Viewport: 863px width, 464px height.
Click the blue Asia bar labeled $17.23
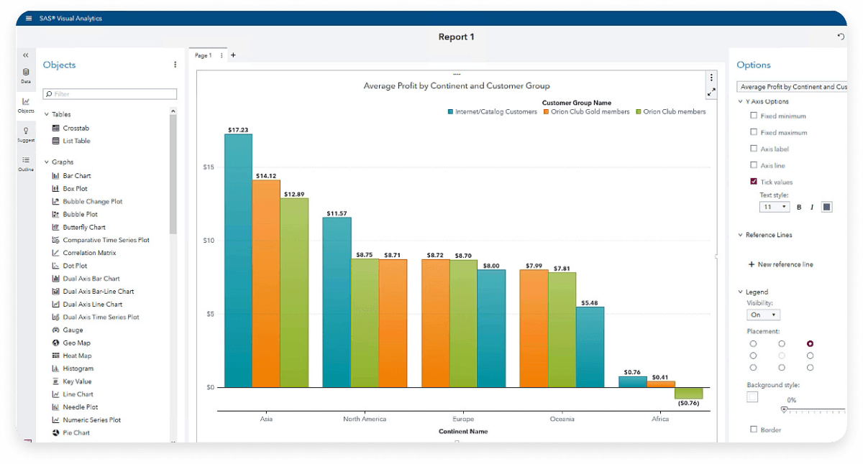click(238, 259)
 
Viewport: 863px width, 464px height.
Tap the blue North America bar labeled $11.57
click(337, 302)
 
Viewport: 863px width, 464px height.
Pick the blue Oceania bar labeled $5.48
click(590, 347)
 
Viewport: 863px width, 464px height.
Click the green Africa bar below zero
click(688, 393)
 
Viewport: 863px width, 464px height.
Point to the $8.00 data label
click(491, 266)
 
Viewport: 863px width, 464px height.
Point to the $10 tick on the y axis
click(208, 241)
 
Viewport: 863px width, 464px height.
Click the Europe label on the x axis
click(463, 419)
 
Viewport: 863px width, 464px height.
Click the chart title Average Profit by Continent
click(457, 86)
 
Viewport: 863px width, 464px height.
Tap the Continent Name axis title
click(463, 432)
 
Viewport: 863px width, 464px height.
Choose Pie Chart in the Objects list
click(76, 433)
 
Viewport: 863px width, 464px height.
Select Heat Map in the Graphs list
click(77, 356)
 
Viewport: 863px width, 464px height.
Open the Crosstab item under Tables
click(76, 128)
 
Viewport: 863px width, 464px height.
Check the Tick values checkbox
click(754, 182)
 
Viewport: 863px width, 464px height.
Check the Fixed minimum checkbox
click(754, 116)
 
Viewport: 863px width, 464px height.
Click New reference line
click(785, 264)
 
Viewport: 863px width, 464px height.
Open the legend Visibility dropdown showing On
click(764, 315)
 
